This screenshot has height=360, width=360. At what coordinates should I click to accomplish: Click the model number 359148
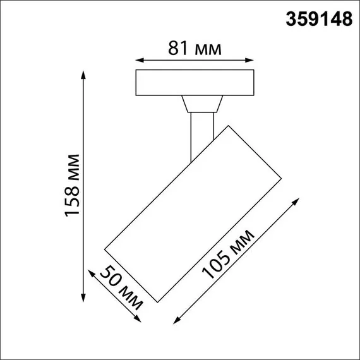pyautogui.click(x=320, y=20)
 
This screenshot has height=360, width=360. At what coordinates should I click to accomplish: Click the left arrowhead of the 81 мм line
pyautogui.click(x=139, y=61)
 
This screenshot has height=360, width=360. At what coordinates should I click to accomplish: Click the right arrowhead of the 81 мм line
pyautogui.click(x=252, y=61)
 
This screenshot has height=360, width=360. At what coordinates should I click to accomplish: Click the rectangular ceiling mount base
pyautogui.click(x=195, y=83)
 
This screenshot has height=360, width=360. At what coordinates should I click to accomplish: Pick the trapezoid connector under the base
pyautogui.click(x=201, y=105)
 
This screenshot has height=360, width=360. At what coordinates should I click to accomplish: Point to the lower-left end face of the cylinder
pyautogui.click(x=128, y=271)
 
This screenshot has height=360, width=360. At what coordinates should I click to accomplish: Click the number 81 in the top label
pyautogui.click(x=178, y=48)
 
